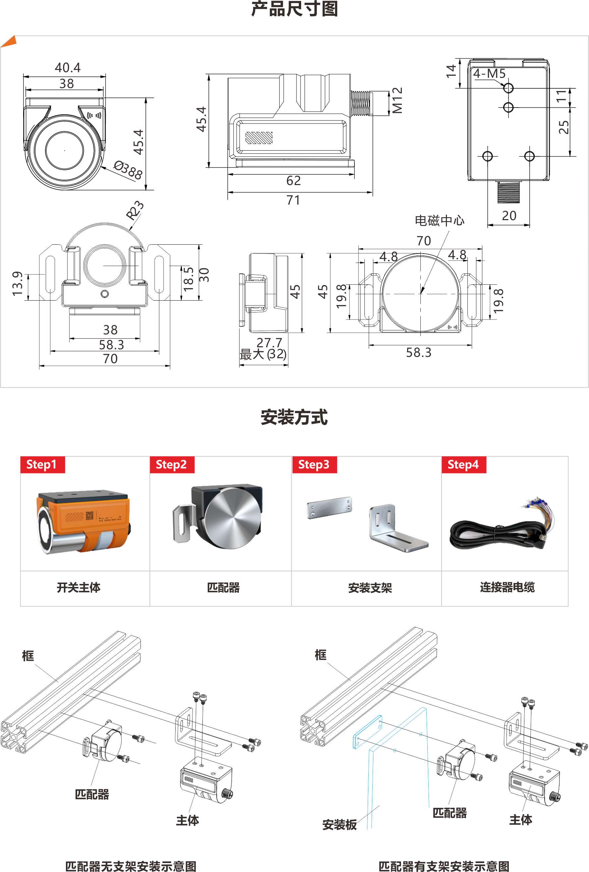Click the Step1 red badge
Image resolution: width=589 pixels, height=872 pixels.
coord(42,464)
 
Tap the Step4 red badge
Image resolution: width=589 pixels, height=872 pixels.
coord(464,464)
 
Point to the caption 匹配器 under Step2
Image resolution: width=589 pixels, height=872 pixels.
coord(223,587)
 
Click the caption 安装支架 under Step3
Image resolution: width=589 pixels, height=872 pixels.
coord(370,588)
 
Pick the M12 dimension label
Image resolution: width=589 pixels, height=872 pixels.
coord(397,100)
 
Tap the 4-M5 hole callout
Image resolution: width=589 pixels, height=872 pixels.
coord(489,73)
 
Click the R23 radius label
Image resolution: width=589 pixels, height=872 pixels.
coord(135,211)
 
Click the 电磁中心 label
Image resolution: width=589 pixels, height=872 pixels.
coord(439,220)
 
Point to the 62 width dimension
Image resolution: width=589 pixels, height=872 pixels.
coord(294,180)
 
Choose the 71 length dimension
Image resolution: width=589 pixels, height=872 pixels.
coord(294,200)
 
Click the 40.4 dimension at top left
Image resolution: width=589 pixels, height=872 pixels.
coord(68,68)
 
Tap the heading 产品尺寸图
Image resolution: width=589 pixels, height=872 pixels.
coord(294,9)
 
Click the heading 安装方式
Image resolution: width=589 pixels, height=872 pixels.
coord(294,417)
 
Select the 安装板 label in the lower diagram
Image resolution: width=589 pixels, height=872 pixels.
coord(339,825)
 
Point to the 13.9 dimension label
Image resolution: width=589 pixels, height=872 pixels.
coord(17,284)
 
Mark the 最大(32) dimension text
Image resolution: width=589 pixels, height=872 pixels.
coord(263,354)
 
